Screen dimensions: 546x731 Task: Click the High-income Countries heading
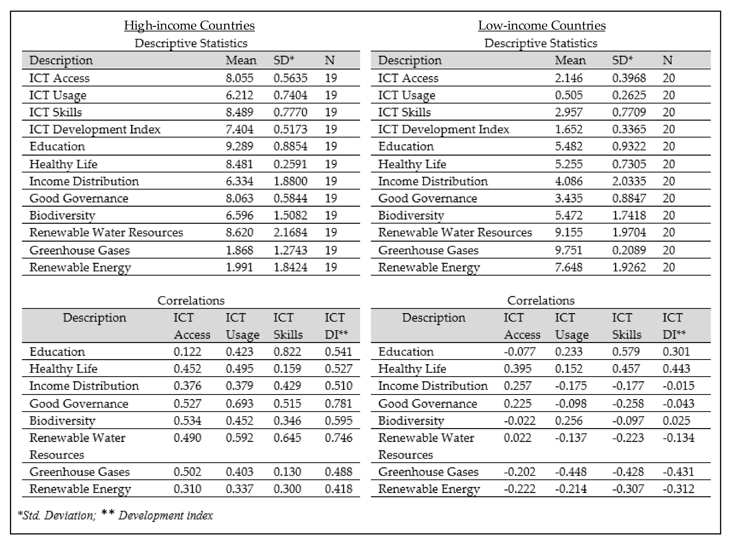(189, 25)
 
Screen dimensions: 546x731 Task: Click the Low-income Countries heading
(542, 25)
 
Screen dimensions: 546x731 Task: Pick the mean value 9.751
(568, 250)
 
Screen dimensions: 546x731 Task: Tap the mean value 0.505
(568, 95)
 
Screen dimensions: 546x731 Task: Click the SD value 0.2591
(290, 164)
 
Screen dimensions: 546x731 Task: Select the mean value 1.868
(239, 250)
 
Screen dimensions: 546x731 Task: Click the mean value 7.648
(568, 267)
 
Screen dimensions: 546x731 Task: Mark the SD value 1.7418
(629, 215)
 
